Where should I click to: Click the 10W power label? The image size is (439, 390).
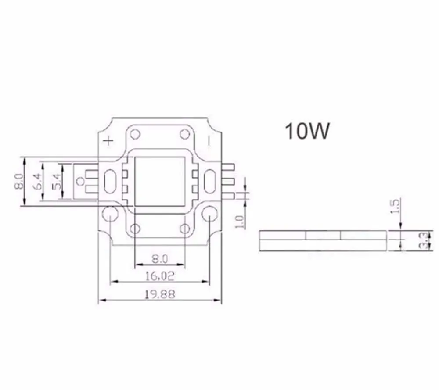pyautogui.click(x=307, y=131)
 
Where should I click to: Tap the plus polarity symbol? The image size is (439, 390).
pyautogui.click(x=108, y=140)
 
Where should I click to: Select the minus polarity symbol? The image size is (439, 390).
pyautogui.click(x=209, y=140)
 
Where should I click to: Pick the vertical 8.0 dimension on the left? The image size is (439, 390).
pyautogui.click(x=18, y=181)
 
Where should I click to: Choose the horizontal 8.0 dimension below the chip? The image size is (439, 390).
pyautogui.click(x=160, y=259)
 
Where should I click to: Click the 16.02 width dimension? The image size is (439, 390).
pyautogui.click(x=160, y=276)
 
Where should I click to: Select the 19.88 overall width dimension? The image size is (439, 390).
pyautogui.click(x=160, y=294)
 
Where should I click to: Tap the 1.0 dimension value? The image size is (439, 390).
pyautogui.click(x=240, y=221)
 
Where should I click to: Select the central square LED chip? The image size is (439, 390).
pyautogui.click(x=160, y=181)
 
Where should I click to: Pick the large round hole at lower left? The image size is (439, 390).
pyautogui.click(x=109, y=215)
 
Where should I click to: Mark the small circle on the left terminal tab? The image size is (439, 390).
pyautogui.click(x=80, y=181)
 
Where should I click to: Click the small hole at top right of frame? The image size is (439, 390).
pyautogui.click(x=185, y=133)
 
